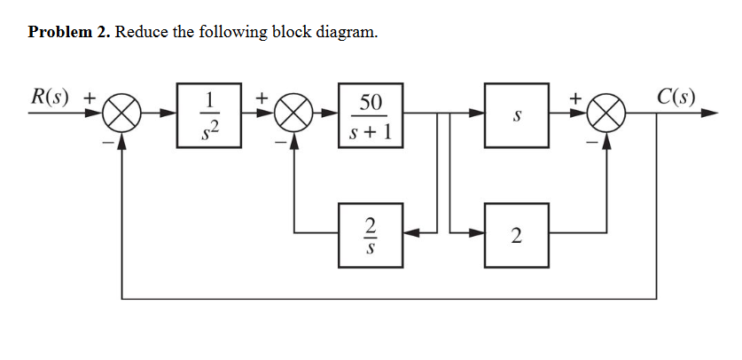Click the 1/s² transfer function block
[209, 115]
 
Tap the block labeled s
[516, 115]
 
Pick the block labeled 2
[516, 234]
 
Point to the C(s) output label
[676, 96]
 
